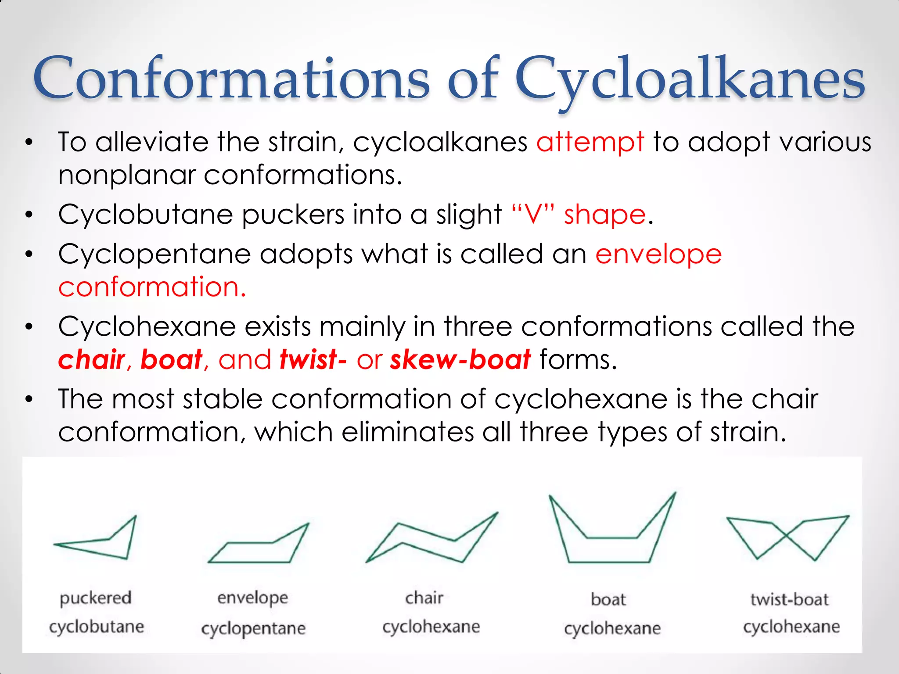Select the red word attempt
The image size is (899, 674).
(x=590, y=142)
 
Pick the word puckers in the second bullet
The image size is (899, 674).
(x=293, y=215)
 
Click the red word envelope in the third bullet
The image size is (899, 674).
(x=658, y=255)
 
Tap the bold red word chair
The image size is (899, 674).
(x=92, y=359)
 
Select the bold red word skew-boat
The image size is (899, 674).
(x=460, y=359)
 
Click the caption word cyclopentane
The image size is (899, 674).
(x=253, y=628)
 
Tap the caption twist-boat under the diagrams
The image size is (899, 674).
(x=789, y=599)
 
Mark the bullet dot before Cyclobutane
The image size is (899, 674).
(x=29, y=215)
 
